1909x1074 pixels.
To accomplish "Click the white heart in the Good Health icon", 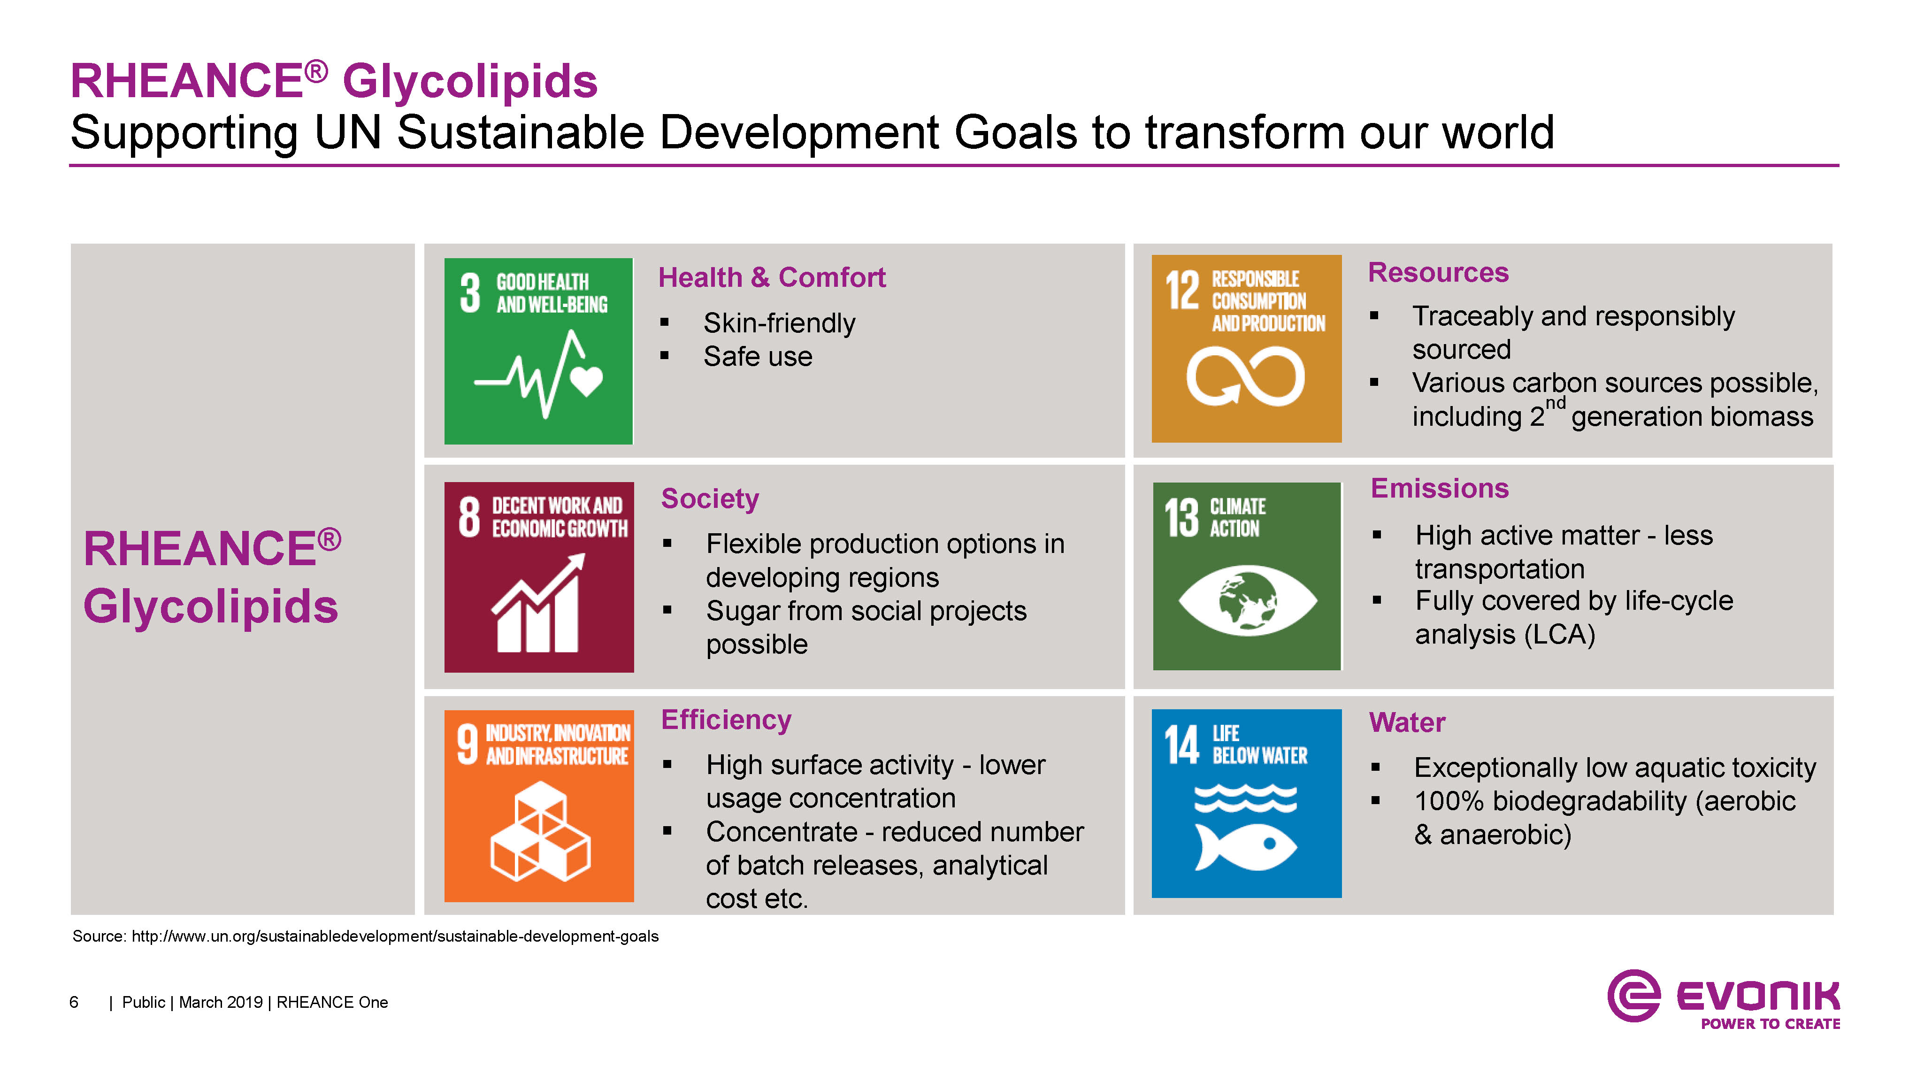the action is (586, 381).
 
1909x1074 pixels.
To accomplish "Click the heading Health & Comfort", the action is (772, 277).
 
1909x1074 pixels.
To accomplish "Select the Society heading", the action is (710, 499).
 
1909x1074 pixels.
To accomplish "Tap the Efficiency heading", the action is (726, 720).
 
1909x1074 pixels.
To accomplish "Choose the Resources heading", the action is (1438, 272).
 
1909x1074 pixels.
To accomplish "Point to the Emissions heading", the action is (1439, 489).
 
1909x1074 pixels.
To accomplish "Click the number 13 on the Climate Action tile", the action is (1181, 517).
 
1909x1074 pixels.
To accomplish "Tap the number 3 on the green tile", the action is (470, 293).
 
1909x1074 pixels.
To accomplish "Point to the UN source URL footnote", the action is (365, 936).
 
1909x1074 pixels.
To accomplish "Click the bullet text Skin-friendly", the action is (779, 323).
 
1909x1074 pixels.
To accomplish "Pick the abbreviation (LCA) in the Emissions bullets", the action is (1559, 635).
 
